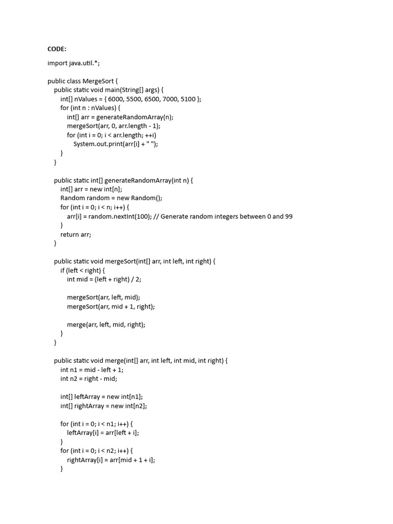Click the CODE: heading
(57, 49)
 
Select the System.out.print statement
(116, 144)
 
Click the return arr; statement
(75, 234)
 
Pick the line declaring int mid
(105, 279)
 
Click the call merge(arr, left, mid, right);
(106, 324)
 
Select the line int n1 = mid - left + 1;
(92, 369)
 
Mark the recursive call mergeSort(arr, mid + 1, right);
(111, 306)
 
